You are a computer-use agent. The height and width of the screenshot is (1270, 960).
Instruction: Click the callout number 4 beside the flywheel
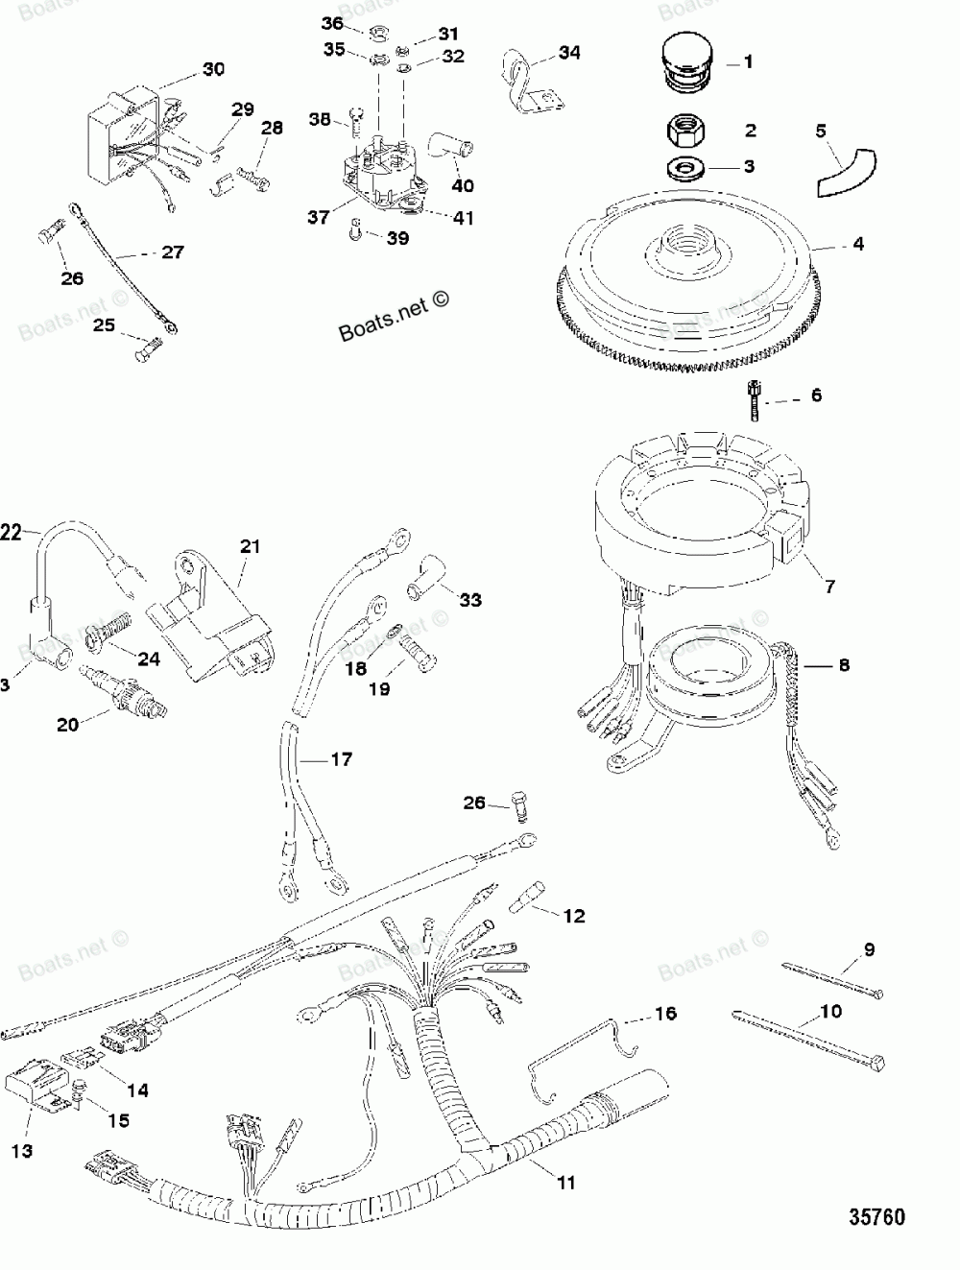(857, 245)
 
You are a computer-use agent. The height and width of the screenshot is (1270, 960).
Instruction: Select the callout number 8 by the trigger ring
(843, 664)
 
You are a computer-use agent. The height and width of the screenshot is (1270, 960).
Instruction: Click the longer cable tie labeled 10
(811, 1037)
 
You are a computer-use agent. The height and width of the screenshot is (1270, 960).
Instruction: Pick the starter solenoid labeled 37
(379, 171)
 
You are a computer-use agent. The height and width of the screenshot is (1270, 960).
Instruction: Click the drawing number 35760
(877, 1217)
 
